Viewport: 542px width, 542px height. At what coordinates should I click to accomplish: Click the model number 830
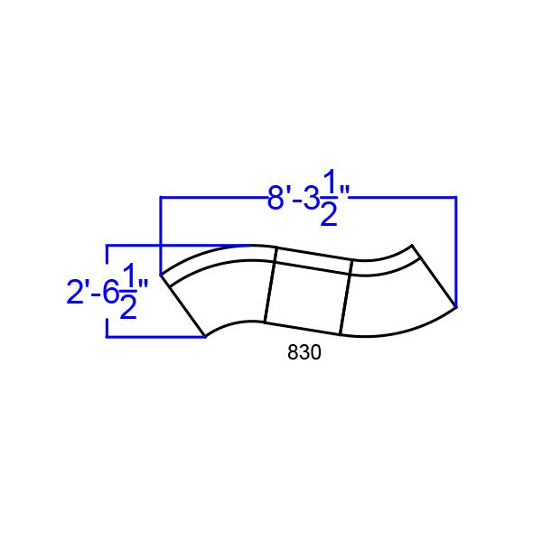click(304, 354)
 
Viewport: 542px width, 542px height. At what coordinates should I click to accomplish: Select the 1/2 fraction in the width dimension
click(330, 201)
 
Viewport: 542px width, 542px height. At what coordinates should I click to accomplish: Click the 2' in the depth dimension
click(77, 292)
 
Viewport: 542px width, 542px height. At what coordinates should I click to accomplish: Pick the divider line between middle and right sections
click(345, 297)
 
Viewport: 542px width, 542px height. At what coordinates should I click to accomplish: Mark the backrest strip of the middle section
click(313, 257)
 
